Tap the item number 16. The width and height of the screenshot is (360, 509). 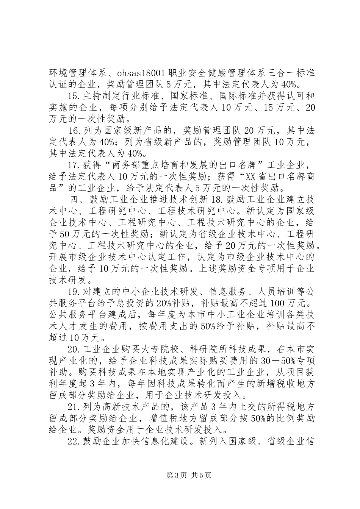[74, 131]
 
